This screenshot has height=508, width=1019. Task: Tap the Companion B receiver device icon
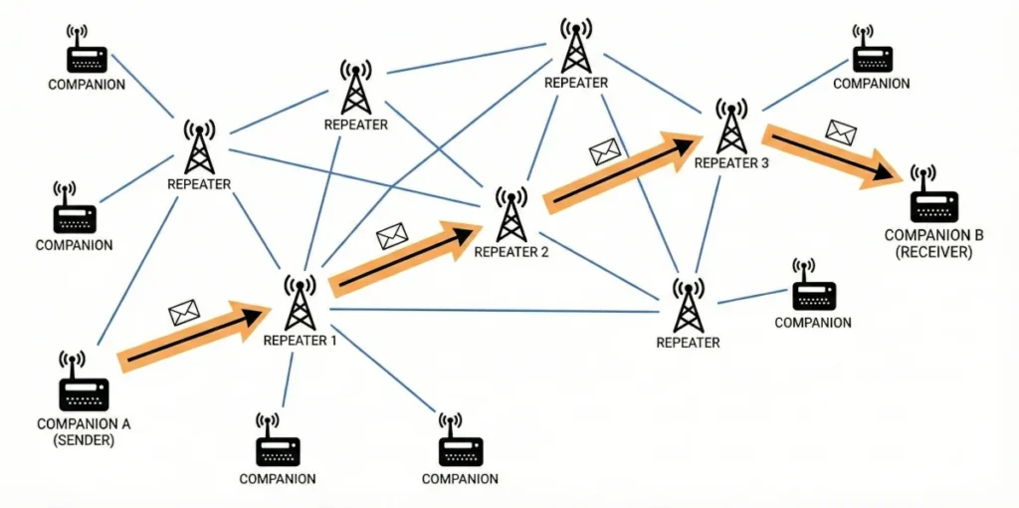pos(933,199)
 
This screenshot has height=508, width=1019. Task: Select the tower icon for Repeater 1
pos(300,303)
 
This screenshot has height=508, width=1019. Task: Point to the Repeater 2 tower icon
pos(510,213)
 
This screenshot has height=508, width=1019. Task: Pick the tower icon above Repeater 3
pos(731,127)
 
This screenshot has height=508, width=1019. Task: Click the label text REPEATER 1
pos(300,341)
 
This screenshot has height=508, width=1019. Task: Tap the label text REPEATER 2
pos(510,252)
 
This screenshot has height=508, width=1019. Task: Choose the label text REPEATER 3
pos(731,163)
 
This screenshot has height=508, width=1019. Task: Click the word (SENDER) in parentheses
pos(84,438)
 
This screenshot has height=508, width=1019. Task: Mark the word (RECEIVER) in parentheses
pos(933,253)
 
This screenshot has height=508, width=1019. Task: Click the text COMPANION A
pos(84,423)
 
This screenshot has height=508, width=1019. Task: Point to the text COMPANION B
pos(933,236)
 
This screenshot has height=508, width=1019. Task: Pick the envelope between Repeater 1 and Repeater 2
pos(392,236)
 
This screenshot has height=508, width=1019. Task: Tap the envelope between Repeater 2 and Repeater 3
pos(605,151)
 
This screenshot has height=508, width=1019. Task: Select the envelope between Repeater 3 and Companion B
pos(841,130)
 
